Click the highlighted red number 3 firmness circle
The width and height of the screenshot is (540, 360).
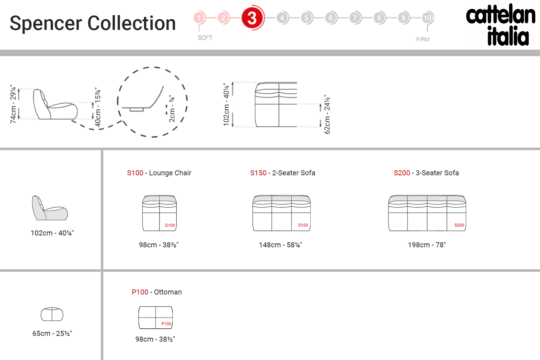click(252, 18)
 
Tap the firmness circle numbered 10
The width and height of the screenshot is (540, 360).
click(427, 18)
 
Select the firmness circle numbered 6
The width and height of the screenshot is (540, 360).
click(330, 18)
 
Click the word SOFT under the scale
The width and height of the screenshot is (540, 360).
click(205, 37)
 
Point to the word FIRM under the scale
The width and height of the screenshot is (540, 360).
click(423, 39)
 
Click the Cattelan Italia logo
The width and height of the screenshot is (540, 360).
click(501, 24)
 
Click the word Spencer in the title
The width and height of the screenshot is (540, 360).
click(46, 24)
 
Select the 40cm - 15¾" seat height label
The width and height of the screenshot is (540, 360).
click(98, 107)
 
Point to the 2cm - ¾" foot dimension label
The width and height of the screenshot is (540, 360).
click(172, 108)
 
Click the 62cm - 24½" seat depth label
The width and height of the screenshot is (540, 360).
click(327, 114)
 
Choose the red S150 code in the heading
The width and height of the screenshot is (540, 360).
click(258, 173)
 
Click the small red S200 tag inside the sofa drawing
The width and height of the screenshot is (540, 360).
click(459, 225)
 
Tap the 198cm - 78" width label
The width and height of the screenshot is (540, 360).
click(427, 245)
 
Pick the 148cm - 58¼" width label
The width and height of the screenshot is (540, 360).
click(280, 245)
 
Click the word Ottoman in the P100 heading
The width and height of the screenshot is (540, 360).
click(168, 292)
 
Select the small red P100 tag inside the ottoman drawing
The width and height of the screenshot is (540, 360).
click(166, 324)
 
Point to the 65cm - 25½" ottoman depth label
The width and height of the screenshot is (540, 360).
click(52, 333)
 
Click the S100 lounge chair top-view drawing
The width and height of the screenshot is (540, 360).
click(159, 213)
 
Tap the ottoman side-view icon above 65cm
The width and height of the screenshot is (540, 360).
click(52, 314)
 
